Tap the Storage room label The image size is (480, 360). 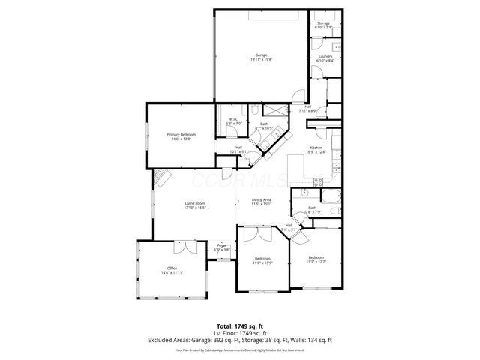pyautogui.click(x=323, y=23)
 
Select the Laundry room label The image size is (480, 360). pyautogui.click(x=325, y=56)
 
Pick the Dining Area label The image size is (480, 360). pyautogui.click(x=261, y=199)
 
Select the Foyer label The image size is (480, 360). pyautogui.click(x=222, y=245)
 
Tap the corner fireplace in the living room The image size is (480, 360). pyautogui.click(x=163, y=178)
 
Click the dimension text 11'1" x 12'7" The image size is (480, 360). pyautogui.click(x=316, y=262)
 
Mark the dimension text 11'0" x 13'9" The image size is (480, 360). pyautogui.click(x=262, y=262)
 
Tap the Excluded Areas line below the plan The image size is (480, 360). pyautogui.click(x=240, y=340)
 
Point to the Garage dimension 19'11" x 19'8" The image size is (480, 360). pyautogui.click(x=261, y=61)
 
